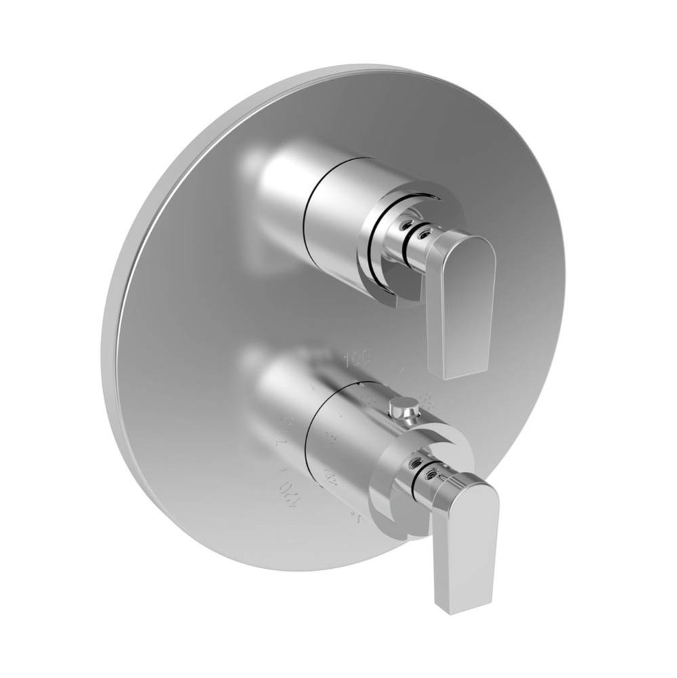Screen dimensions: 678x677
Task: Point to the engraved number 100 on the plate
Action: click(x=357, y=357)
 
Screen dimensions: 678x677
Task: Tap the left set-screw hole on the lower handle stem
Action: click(x=413, y=462)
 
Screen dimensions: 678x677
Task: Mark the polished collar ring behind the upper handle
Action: click(x=379, y=271)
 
